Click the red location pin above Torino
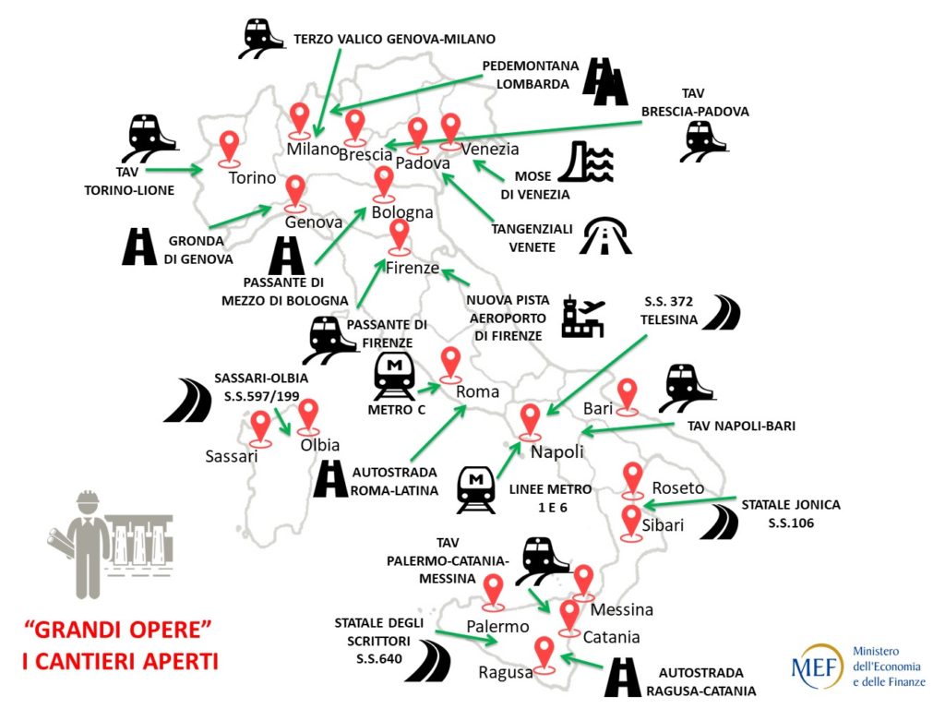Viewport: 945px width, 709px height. pos(229,147)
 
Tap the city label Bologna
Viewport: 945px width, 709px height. pos(402,212)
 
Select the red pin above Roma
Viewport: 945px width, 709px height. pos(450,363)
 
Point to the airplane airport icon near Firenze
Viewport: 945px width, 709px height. pos(582,317)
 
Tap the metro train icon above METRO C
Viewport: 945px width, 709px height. pos(395,375)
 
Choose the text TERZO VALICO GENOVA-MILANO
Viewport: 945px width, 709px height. pos(395,39)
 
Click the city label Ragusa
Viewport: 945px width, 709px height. pos(506,673)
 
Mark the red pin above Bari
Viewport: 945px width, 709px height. pos(628,394)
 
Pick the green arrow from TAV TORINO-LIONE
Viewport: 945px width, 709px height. pos(173,169)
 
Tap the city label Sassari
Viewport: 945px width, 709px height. pos(232,455)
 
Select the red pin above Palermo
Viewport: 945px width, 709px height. pos(494,591)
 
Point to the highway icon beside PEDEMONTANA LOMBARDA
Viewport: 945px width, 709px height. pos(604,81)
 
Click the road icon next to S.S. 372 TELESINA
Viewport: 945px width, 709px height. pos(721,313)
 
